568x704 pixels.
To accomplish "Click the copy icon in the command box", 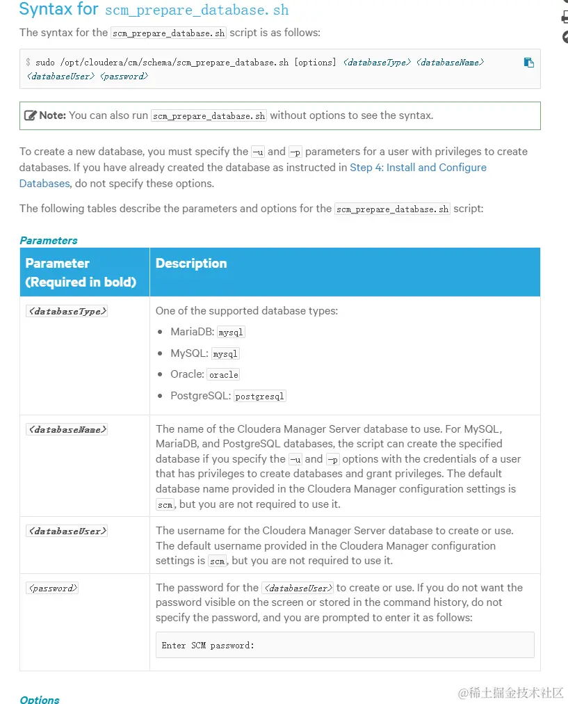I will coord(528,63).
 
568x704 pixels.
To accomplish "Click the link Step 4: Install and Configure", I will coord(418,168).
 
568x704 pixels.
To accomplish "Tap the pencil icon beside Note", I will coord(31,115).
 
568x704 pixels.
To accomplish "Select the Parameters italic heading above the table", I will coord(49,241).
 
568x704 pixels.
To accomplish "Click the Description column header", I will coord(191,264).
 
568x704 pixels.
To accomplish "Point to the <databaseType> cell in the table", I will coord(67,312).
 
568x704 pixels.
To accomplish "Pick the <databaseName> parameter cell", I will coord(67,430).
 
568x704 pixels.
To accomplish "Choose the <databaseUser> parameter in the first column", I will coord(67,531).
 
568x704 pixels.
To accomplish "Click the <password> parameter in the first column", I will coord(53,589).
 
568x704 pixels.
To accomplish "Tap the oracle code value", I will coord(223,375).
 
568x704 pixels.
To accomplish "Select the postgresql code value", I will coord(260,397).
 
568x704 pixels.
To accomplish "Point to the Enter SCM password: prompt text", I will coord(208,646).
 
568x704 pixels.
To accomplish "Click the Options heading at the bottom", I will coord(40,699).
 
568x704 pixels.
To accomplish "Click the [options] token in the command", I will coord(315,63).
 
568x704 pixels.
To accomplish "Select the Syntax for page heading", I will coord(60,10).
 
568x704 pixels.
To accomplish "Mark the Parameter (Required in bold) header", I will coord(81,273).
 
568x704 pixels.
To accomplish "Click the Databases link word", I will coord(44,184).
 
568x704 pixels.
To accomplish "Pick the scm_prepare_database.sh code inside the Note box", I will coord(209,116).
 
